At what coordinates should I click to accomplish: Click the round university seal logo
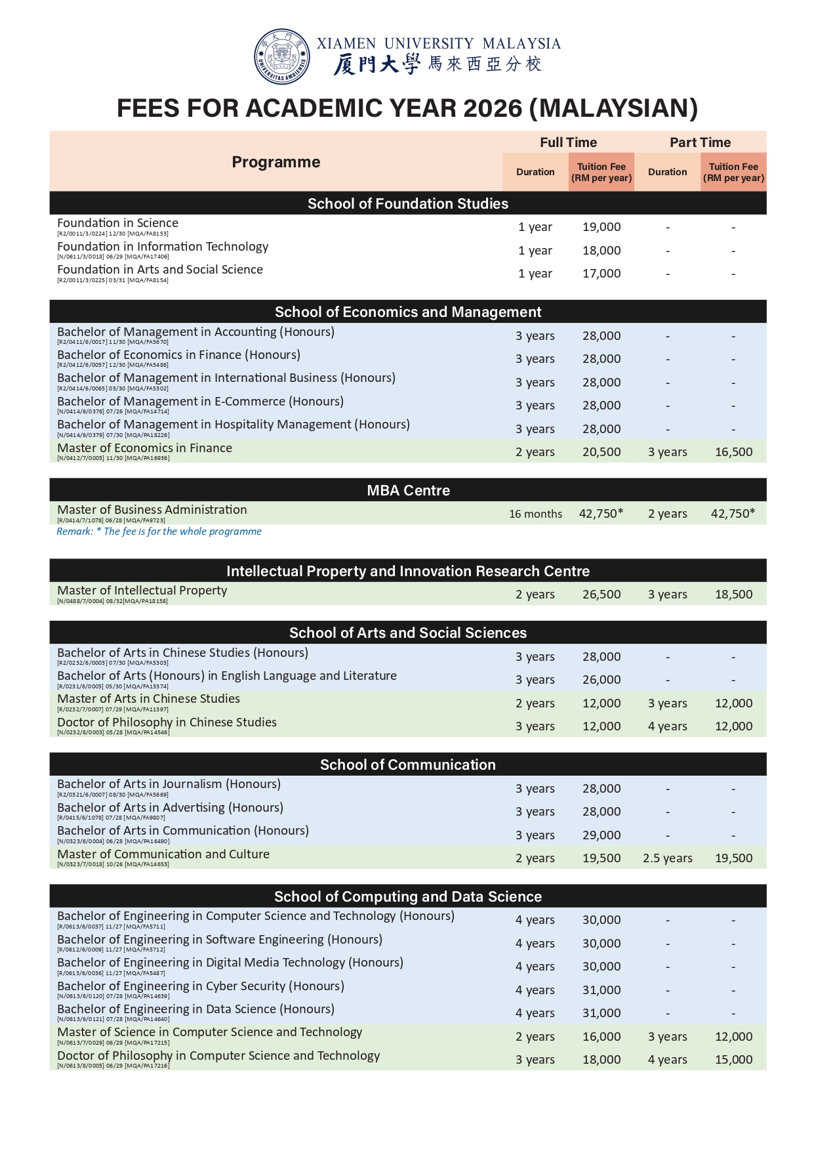[282, 56]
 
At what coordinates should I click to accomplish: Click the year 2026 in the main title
[491, 108]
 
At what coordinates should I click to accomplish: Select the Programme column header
[276, 162]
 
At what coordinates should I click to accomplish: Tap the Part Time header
[700, 142]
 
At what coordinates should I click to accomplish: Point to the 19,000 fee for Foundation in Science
[601, 227]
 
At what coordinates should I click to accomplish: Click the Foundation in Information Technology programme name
[163, 247]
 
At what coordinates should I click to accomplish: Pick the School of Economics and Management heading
[408, 312]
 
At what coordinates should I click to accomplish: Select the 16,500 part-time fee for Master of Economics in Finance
[733, 452]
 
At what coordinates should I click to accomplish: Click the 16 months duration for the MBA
[535, 514]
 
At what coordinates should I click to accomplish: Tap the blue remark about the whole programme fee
[159, 532]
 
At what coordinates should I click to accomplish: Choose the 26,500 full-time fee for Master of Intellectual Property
[601, 595]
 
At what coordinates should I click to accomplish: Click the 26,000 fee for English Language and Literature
[601, 680]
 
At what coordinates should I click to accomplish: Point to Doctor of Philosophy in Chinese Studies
[167, 722]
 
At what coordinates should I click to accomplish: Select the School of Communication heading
[408, 764]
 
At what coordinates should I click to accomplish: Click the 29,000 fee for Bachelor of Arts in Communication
[601, 835]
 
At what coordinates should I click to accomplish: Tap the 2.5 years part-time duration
[667, 858]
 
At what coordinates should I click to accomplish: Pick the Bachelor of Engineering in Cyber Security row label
[201, 986]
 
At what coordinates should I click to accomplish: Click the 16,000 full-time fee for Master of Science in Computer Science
[601, 1037]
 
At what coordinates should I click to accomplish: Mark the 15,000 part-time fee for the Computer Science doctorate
[733, 1060]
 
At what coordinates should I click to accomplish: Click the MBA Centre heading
[408, 490]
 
